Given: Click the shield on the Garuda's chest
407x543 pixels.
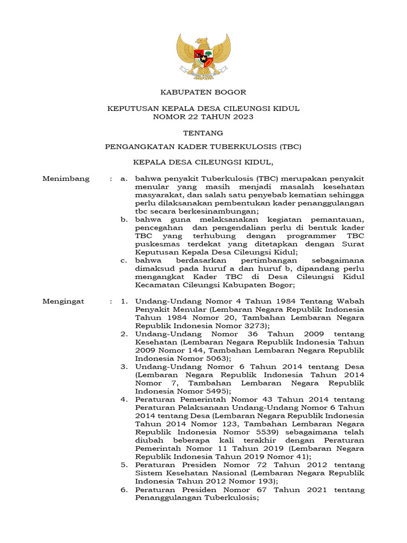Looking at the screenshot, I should click(203, 55).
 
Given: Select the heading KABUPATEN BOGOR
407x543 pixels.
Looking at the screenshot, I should click(203, 92).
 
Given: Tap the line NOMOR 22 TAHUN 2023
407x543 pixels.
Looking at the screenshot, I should click(203, 117).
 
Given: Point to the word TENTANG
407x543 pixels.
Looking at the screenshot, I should click(203, 133).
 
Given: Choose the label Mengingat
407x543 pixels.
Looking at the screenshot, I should click(64, 301).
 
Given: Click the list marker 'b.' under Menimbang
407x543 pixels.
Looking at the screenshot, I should click(123, 220).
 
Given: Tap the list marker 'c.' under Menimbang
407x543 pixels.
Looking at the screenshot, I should click(123, 260).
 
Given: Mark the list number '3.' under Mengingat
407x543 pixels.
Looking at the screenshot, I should click(123, 367).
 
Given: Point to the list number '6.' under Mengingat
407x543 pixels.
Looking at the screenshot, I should click(123, 490).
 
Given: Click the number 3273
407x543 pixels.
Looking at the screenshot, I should click(251, 326).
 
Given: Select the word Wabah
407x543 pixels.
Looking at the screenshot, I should click(351, 301).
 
